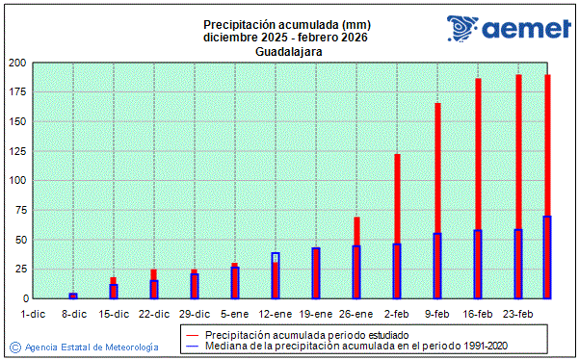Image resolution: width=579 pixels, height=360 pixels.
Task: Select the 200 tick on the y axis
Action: (x=16, y=64)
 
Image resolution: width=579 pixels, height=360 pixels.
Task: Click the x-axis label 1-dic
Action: (x=33, y=314)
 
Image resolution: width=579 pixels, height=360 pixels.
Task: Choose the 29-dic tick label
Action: (x=195, y=314)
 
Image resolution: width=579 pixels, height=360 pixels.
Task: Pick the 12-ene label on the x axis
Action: (x=276, y=314)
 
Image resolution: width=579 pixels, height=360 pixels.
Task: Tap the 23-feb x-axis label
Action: (x=518, y=314)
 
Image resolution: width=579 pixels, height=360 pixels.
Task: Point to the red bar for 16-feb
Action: (x=478, y=154)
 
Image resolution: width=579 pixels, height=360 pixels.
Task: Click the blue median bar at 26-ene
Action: (x=356, y=272)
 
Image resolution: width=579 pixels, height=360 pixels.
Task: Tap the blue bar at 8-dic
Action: (x=73, y=296)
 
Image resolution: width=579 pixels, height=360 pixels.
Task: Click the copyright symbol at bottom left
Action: (x=14, y=347)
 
